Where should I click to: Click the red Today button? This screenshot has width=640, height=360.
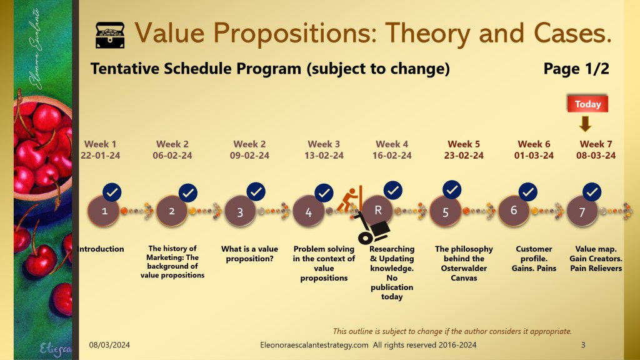click(x=587, y=104)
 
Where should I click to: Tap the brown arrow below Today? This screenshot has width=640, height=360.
click(x=585, y=124)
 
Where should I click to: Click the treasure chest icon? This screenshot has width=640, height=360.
click(x=110, y=35)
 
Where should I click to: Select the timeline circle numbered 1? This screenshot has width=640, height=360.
click(x=104, y=211)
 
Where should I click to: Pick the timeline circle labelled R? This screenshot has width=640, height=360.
click(x=377, y=210)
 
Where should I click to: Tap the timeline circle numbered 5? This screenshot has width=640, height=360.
click(x=445, y=211)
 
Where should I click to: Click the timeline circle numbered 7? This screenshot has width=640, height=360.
click(x=582, y=211)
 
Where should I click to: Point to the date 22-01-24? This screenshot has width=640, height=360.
click(x=101, y=156)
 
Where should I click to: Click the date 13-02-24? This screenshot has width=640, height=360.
click(x=324, y=156)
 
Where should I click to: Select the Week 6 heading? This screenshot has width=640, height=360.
click(x=534, y=144)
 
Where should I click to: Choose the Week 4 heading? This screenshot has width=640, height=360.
click(x=392, y=144)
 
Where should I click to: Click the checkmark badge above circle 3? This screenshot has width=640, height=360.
click(x=256, y=191)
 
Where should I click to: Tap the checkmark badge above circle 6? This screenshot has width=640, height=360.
click(x=527, y=192)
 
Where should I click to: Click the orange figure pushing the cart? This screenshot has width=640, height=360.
click(x=350, y=199)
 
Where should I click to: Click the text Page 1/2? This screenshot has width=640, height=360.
click(x=576, y=69)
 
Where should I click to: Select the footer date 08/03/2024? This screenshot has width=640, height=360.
click(x=109, y=345)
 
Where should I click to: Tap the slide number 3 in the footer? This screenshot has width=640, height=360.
click(x=583, y=345)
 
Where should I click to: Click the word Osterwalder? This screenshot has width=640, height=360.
click(x=464, y=268)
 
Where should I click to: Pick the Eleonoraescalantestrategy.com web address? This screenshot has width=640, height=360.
click(x=314, y=345)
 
